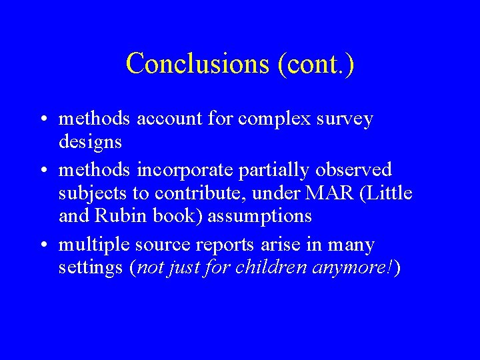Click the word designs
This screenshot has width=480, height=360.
91,142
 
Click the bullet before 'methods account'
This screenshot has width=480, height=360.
42,120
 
